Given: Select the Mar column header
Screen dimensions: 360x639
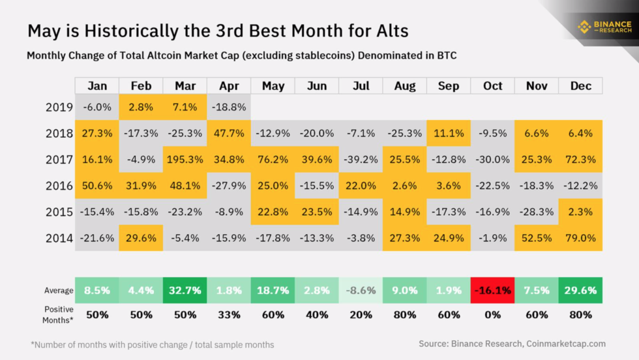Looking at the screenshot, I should point(185,86).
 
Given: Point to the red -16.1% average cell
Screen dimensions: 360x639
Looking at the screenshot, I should point(492,290).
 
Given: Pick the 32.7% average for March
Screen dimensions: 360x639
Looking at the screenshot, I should point(185,290).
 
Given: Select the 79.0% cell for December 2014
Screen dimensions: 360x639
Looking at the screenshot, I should point(580,238).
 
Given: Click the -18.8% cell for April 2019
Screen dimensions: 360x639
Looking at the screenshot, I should point(228,107).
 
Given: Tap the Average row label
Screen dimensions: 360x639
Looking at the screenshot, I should point(59,290).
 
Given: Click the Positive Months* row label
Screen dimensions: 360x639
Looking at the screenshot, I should point(59,314).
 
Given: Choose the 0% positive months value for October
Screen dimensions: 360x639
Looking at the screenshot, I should point(492,314).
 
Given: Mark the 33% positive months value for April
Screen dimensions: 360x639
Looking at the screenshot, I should point(228,314).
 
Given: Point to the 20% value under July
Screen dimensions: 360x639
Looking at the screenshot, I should point(361,314).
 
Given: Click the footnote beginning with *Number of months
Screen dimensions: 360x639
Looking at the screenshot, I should point(152,344).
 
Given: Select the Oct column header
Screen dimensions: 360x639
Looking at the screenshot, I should point(492,86).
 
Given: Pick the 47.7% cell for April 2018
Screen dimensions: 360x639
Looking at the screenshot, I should point(228,133).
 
